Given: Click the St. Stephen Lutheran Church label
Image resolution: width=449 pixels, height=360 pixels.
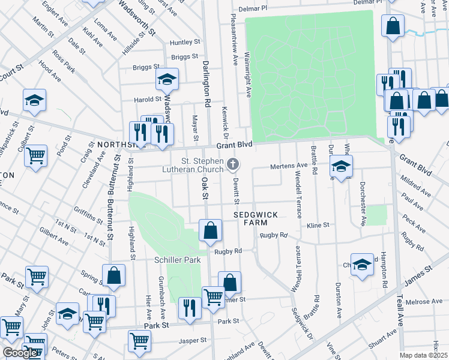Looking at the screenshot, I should [205, 164].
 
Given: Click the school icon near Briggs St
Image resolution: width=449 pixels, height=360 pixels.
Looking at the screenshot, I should [167, 79].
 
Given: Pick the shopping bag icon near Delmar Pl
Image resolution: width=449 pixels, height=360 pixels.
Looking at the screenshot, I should [393, 27].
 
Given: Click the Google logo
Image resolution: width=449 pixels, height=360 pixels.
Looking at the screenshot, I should [19, 353].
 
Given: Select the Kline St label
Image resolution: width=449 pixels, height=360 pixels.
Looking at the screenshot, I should [318, 225].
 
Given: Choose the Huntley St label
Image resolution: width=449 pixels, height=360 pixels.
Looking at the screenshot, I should [185, 42].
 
